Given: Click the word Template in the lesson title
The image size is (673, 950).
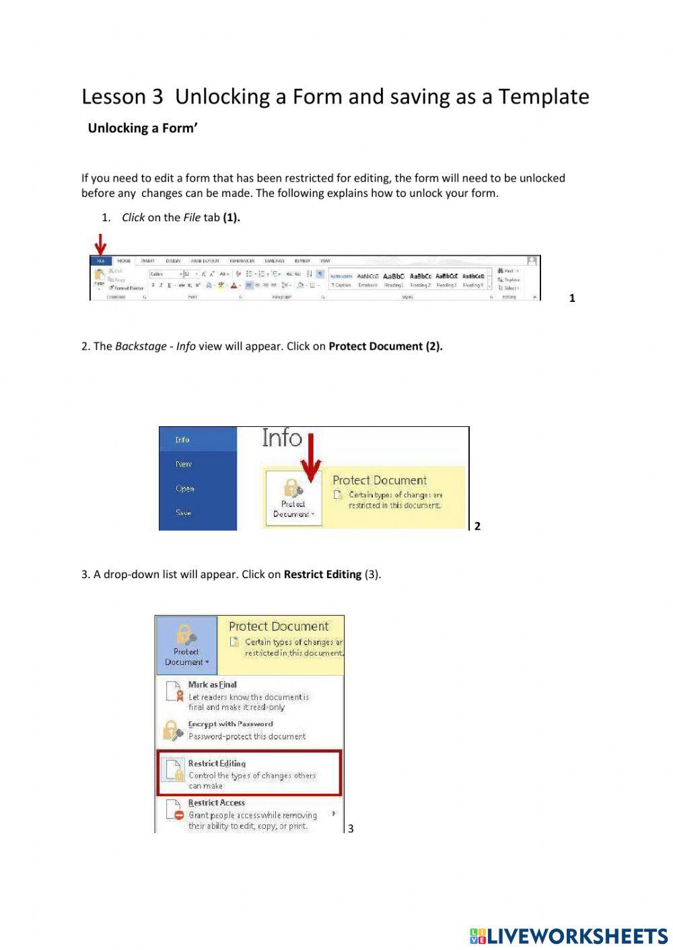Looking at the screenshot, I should click(543, 97).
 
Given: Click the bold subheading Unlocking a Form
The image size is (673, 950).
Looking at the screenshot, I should click(142, 128).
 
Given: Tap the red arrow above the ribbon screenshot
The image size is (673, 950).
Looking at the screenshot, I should click(100, 244).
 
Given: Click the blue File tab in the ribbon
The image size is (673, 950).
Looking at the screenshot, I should click(100, 261).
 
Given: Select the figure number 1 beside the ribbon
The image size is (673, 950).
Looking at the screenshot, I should click(572, 298).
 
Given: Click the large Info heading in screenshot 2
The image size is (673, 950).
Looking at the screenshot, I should click(282, 438).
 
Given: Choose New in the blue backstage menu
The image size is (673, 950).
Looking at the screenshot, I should click(184, 464).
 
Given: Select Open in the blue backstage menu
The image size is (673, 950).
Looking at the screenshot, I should click(184, 489).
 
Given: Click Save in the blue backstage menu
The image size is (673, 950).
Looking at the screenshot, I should click(183, 512).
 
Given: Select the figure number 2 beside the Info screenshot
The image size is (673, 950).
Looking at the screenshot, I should click(477, 526).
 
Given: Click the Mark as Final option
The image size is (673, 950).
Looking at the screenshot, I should click(212, 684).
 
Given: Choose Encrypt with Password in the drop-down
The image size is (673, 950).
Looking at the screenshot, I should click(230, 724).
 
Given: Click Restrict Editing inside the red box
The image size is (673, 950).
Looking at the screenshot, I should click(217, 764).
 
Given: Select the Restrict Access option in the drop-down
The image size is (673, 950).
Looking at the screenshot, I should click(216, 803).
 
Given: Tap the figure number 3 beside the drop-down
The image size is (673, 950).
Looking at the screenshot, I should click(350, 828).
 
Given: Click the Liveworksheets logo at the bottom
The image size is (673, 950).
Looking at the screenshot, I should click(569, 936).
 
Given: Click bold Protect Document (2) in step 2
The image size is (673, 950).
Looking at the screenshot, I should click(385, 347).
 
